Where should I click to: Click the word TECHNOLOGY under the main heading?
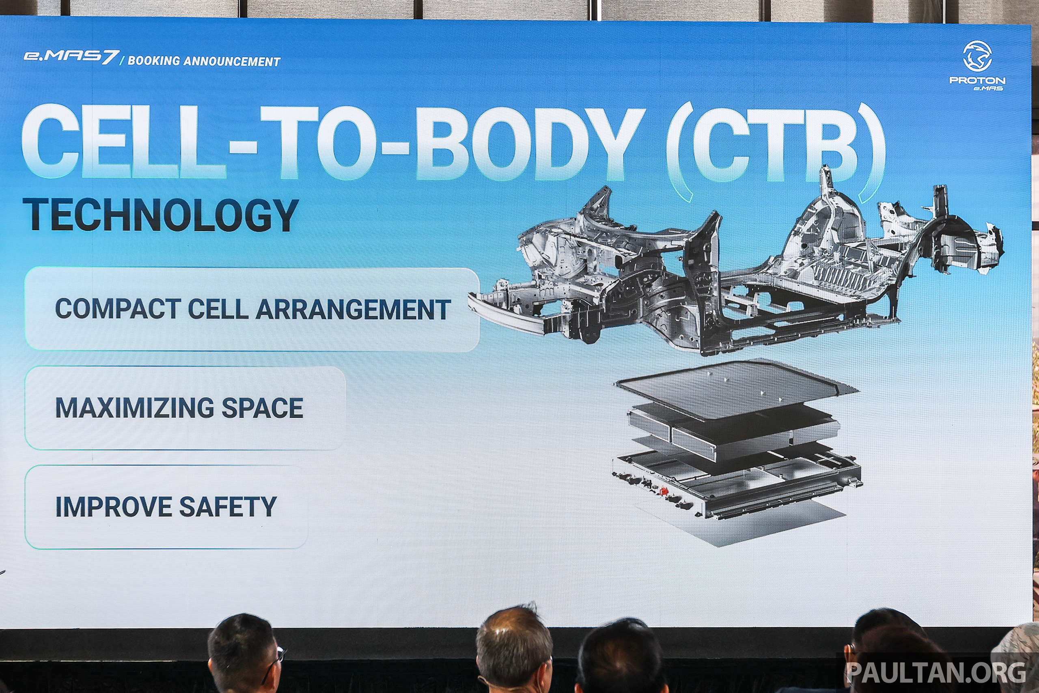160,215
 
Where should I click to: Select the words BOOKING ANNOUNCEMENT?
204,61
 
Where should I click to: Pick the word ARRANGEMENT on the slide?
353,309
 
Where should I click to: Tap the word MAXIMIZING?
134,407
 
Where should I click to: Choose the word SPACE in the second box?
262,407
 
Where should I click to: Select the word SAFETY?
228,506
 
